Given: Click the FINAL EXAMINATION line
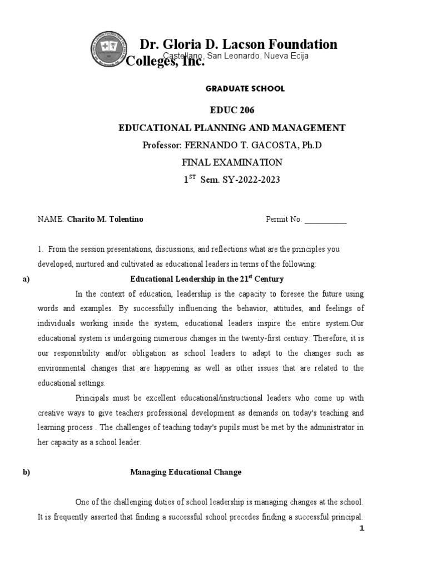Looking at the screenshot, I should coord(232,162).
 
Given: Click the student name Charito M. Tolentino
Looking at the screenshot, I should coord(105,219).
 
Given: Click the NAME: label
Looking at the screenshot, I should coord(51,219).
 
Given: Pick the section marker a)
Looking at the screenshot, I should coord(26,279).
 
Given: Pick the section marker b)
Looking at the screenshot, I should coord(26,472).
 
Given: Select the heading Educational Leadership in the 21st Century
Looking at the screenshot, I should coord(207,279).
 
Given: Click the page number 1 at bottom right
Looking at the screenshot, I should coord(361,528).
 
